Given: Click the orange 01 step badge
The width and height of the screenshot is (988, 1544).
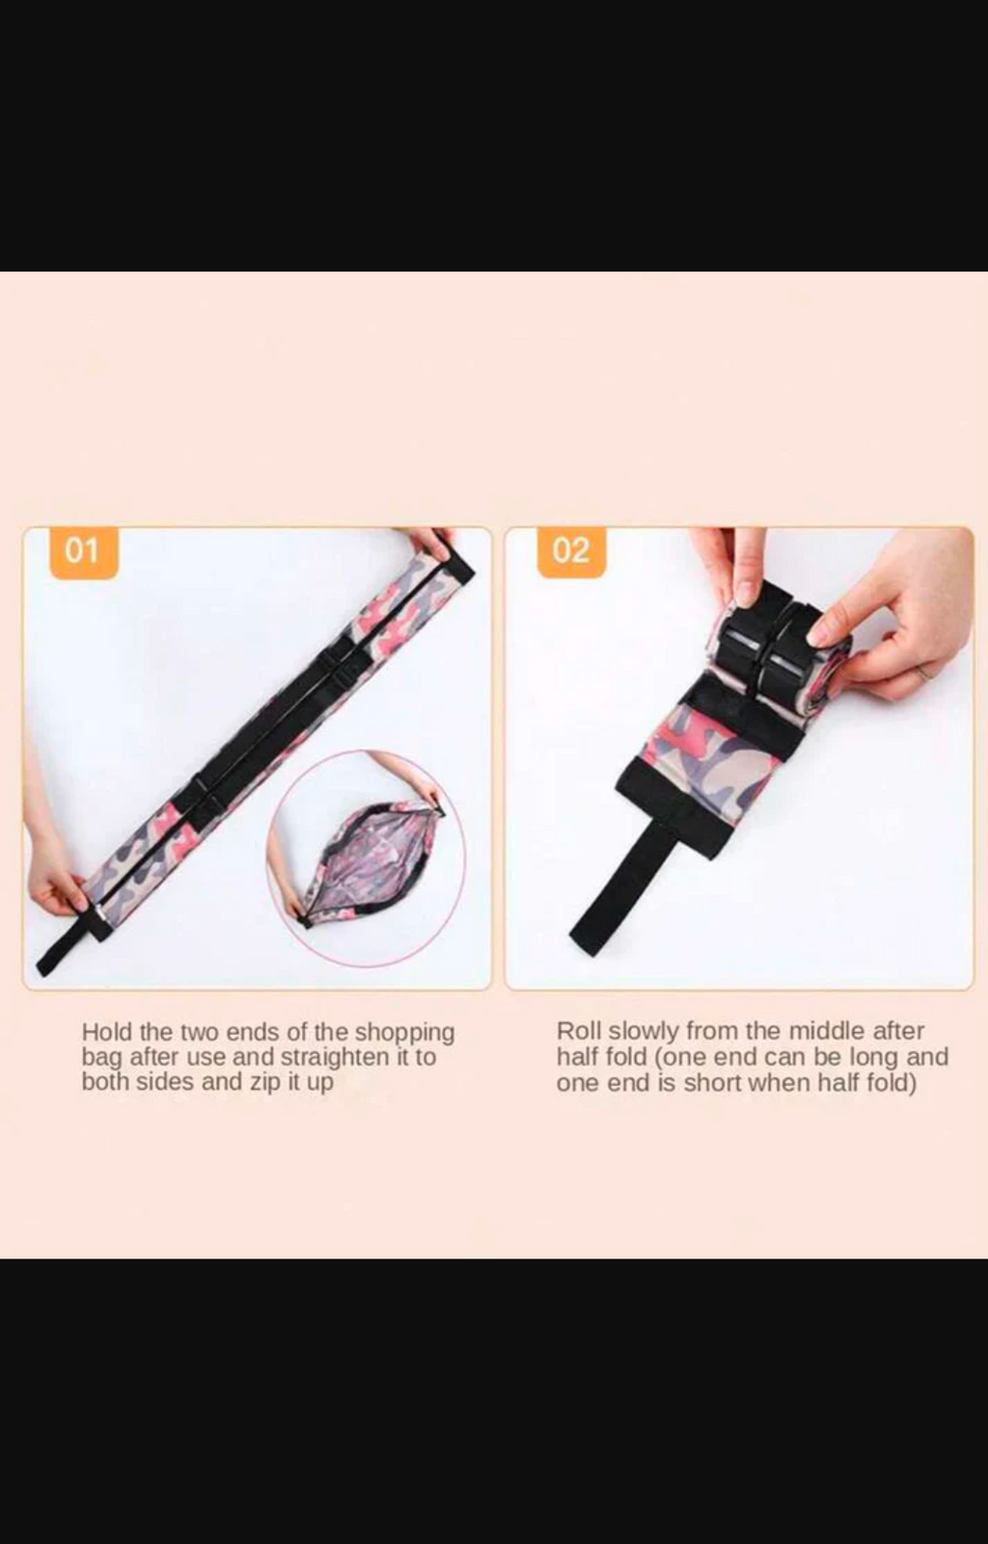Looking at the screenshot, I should pos(83,552).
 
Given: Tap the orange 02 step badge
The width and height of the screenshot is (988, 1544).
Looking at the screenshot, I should pos(571,552).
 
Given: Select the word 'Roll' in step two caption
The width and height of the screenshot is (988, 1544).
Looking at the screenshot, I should pos(578,1031).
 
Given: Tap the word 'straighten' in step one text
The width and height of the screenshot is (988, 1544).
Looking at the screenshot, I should pos(334,1057).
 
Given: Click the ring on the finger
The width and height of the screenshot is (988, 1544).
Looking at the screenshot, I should pos(924,671).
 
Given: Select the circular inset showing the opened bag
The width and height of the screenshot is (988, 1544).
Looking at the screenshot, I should pos(366,857).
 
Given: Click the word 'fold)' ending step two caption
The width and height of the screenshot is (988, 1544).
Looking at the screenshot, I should pos(891,1083).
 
